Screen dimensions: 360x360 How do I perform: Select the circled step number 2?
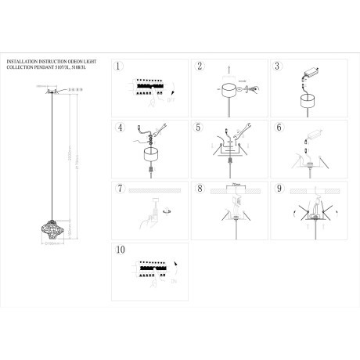(x=200, y=67)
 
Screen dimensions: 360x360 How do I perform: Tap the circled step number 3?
(x=279, y=67)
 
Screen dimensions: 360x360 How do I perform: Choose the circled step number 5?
(x=200, y=128)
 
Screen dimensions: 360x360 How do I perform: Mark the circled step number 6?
(x=279, y=128)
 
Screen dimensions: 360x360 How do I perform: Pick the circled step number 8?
(x=200, y=189)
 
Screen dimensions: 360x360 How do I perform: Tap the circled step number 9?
(x=279, y=189)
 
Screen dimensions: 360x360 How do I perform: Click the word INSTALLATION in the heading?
(x=23, y=61)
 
